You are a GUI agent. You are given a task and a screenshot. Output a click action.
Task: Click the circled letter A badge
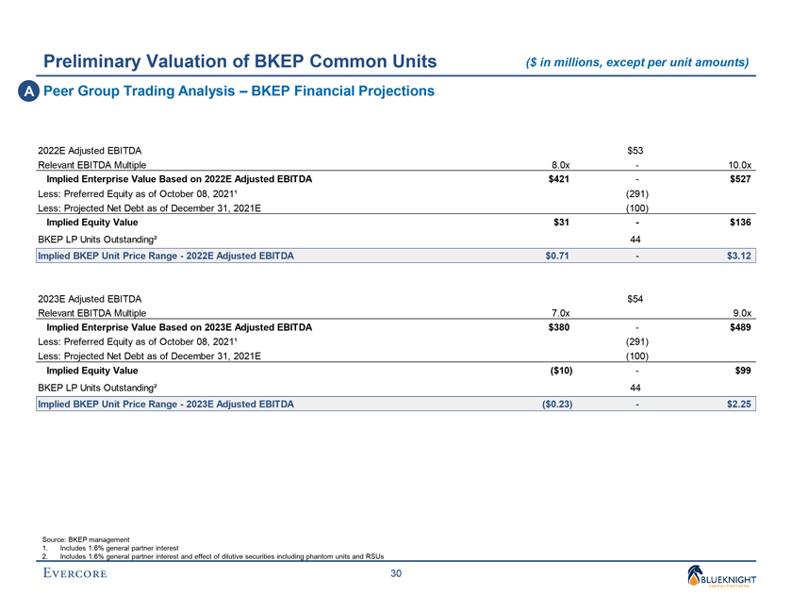pos(22,91)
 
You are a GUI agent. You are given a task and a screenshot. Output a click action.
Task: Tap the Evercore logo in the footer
pos(74,574)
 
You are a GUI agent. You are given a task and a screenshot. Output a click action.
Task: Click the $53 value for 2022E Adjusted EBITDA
pos(635,149)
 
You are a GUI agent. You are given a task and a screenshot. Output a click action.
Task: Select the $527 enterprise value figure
pos(739,178)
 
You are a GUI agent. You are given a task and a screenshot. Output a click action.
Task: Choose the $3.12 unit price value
pos(738,256)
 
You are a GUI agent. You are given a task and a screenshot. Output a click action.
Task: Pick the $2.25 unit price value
pos(738,404)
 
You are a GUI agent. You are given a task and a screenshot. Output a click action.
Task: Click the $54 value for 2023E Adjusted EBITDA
pos(635,298)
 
